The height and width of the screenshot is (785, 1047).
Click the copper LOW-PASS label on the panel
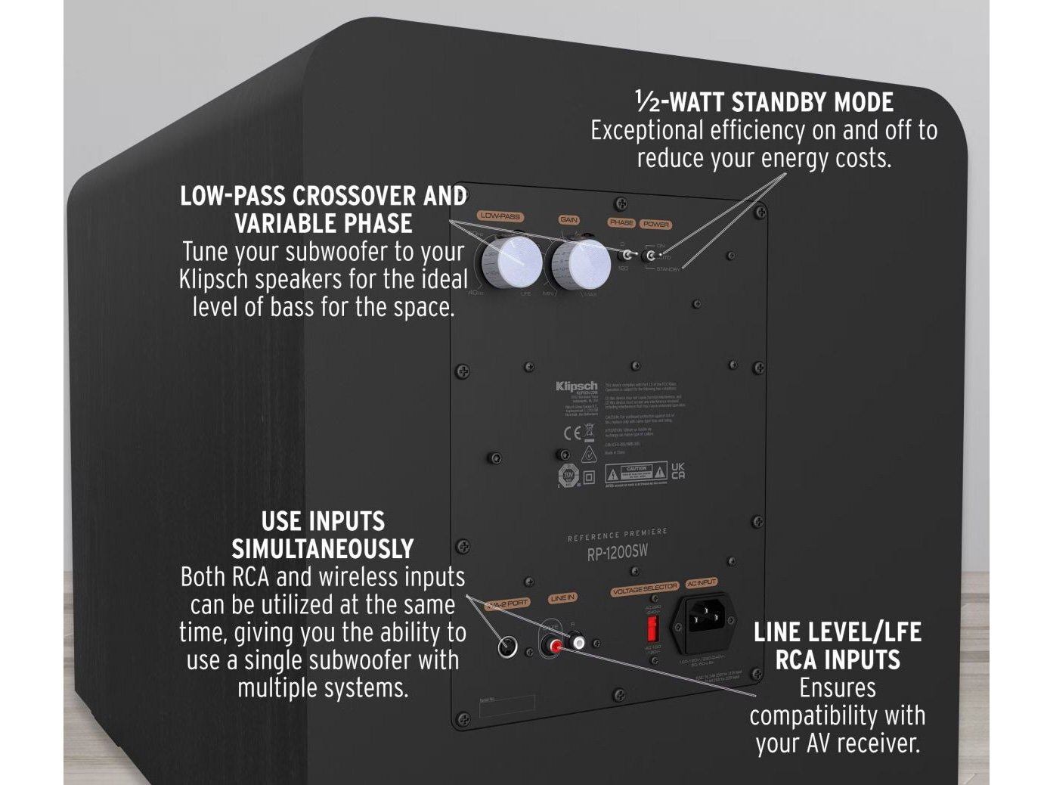pos(500,216)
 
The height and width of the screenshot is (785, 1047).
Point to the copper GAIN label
pos(568,220)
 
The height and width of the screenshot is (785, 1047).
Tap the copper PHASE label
pos(621,222)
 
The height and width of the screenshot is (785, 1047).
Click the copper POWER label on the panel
pos(656,224)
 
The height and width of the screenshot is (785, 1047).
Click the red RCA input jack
pos(557,647)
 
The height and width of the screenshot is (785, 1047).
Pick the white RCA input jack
pos(578,642)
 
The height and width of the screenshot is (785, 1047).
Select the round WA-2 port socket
pos(507,647)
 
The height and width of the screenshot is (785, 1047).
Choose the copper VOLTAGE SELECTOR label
pos(645,588)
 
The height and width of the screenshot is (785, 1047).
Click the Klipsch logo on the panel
pos(576,386)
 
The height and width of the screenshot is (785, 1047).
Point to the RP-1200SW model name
pos(618,553)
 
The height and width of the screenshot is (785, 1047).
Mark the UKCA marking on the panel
pos(678,471)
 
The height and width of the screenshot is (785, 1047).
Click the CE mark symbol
pos(572,433)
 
